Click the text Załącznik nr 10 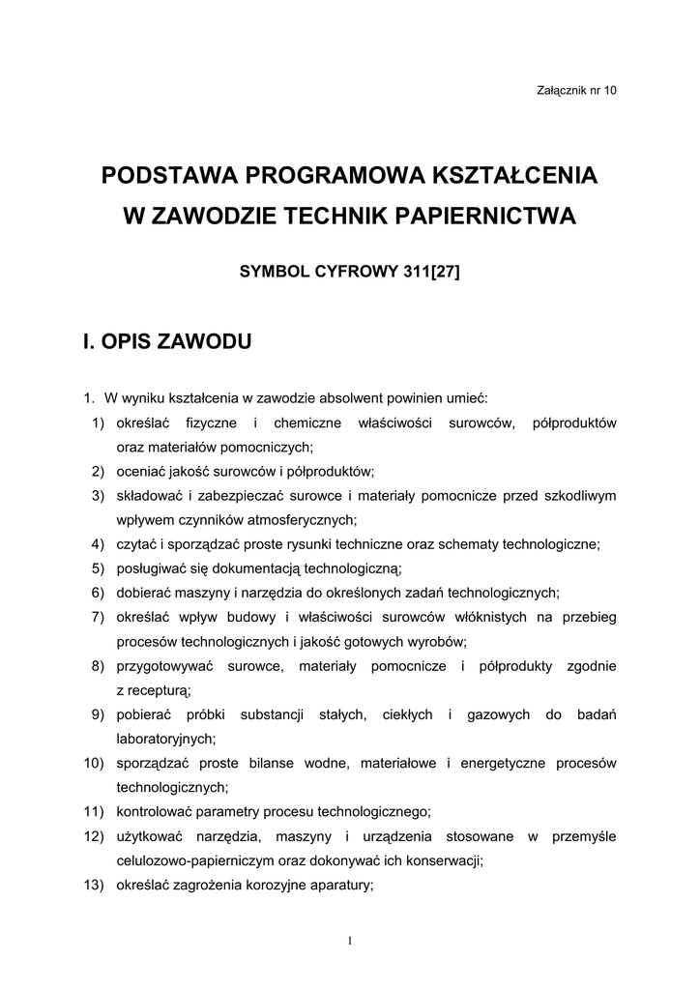575,90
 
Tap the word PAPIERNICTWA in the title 487,217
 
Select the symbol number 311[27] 426,272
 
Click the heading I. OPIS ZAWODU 168,341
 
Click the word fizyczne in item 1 211,422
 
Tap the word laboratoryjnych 164,739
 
